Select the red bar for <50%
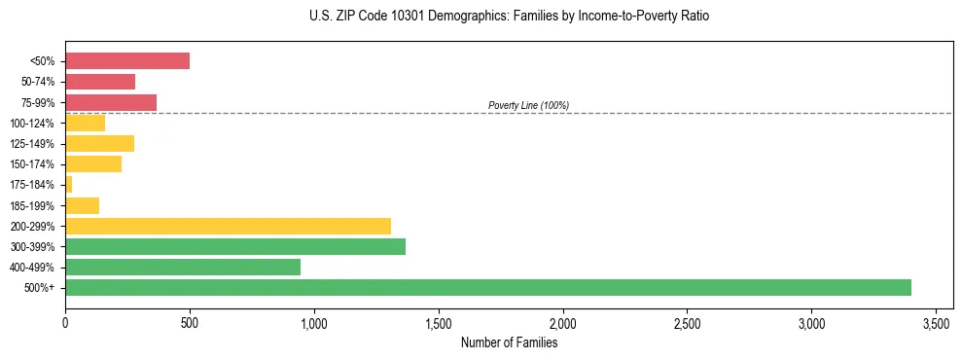[x=127, y=61]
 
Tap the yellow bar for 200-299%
[x=228, y=226]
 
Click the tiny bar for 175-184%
[x=69, y=185]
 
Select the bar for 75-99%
[x=111, y=102]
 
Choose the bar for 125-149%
[x=99, y=144]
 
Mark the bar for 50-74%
[x=100, y=82]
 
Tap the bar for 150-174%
[x=93, y=164]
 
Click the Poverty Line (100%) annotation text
[x=528, y=105]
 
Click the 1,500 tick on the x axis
[x=439, y=322]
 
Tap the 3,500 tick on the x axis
[x=937, y=322]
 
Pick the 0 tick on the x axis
[x=65, y=322]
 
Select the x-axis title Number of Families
[x=509, y=342]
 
